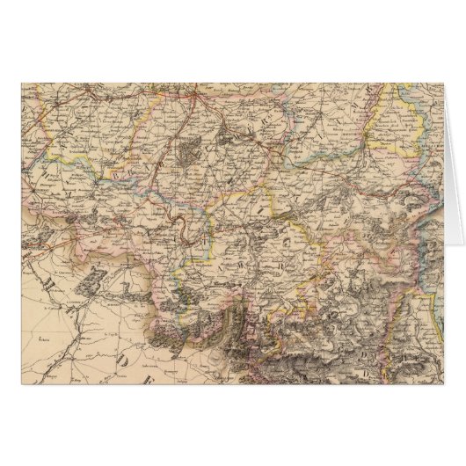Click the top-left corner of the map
22,82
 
